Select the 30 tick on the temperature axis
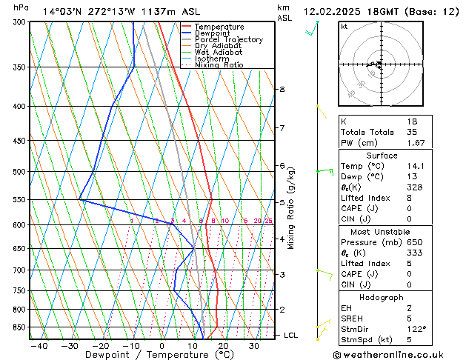(x=253, y=346)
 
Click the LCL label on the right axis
(x=291, y=336)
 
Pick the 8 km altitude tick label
(x=282, y=90)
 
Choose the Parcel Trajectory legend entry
(x=228, y=40)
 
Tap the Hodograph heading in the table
(x=382, y=296)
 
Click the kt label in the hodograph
(x=344, y=27)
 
